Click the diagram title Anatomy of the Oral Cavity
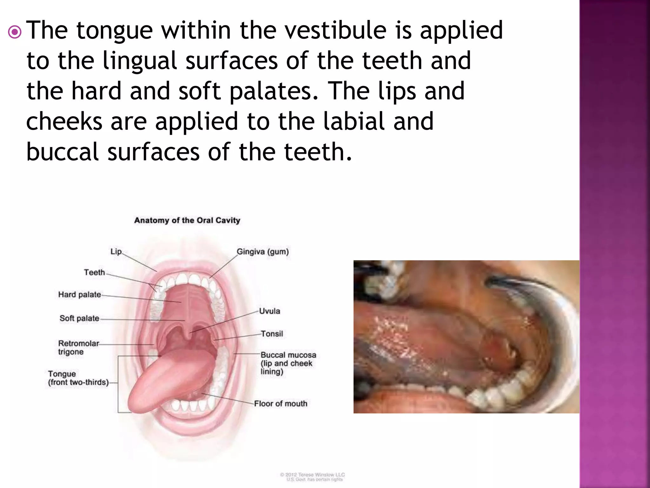(187, 220)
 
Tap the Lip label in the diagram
(116, 252)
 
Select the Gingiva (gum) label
(262, 252)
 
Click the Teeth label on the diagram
(94, 272)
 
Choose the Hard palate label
(79, 295)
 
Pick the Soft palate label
(79, 318)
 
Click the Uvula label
(269, 311)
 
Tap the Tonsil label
(272, 334)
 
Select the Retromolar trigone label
(78, 348)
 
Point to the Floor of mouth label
(281, 403)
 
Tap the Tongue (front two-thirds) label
(78, 378)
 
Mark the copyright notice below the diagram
(312, 477)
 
